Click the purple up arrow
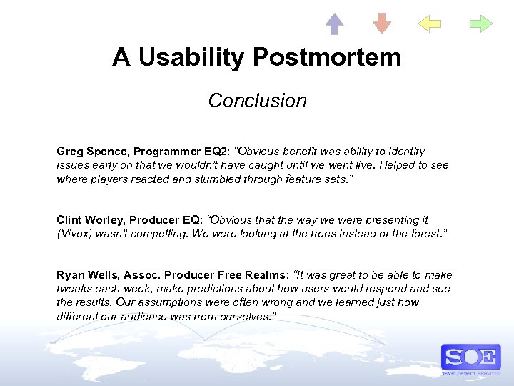[335, 24]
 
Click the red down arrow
[382, 24]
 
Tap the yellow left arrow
[429, 24]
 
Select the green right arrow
[480, 24]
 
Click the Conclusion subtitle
[257, 101]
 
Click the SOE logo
[470, 357]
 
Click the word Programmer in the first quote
[168, 152]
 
